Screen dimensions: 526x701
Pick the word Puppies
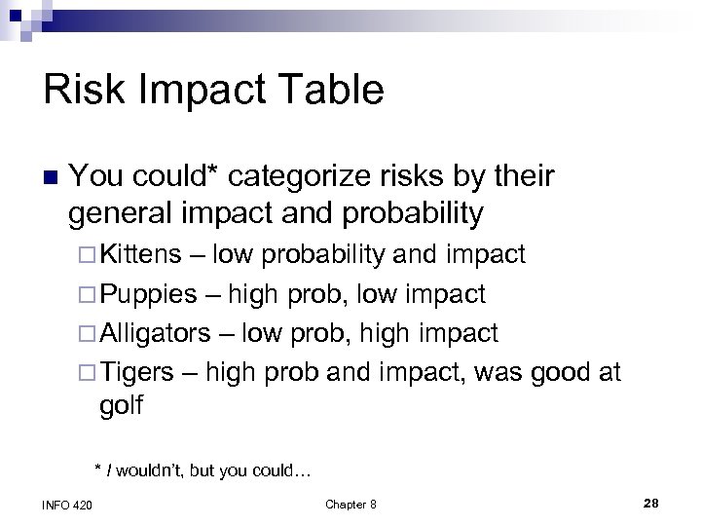[x=147, y=294]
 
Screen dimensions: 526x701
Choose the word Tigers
[x=137, y=373]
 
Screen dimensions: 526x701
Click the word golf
[x=121, y=405]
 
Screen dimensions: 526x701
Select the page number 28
[x=651, y=502]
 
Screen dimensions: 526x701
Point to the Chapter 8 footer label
[x=350, y=504]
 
